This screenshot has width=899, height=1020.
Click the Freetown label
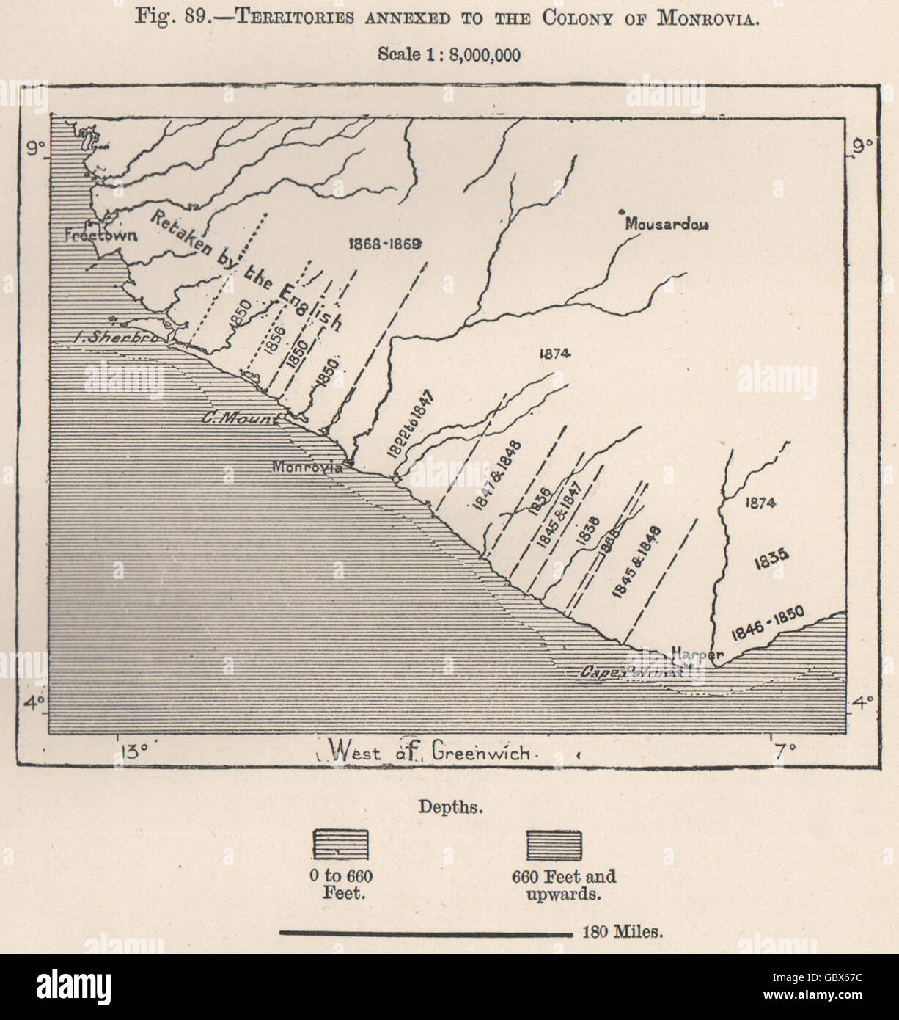pos(91,236)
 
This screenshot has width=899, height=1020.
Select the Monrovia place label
pos(307,467)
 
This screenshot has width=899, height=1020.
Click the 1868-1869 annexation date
pos(384,245)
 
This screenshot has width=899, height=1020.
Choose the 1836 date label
pos(538,503)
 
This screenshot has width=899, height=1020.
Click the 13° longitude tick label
pos(133,751)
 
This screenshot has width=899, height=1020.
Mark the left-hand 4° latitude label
pos(34,703)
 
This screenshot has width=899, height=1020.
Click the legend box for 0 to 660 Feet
pos(341,845)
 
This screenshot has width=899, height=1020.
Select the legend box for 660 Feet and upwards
pos(554,845)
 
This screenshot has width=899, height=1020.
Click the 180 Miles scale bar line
pos(426,933)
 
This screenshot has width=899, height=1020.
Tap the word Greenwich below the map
pos(480,751)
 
